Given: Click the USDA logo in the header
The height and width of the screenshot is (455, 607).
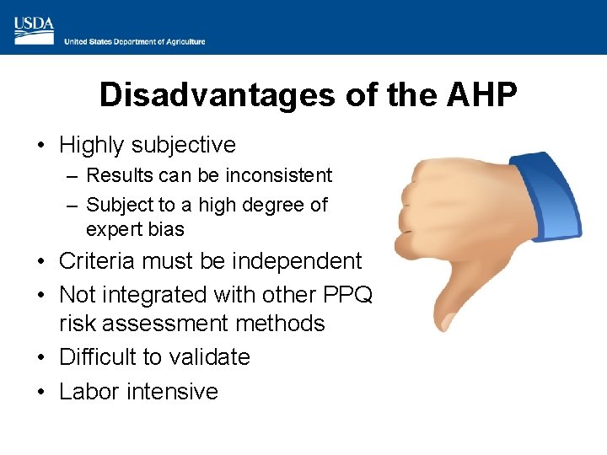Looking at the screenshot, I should [34, 30].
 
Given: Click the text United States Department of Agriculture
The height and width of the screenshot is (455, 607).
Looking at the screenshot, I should [135, 41].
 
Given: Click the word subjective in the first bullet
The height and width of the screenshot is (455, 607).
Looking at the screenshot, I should [185, 145].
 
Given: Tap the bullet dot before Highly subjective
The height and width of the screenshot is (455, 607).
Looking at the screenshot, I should [40, 146].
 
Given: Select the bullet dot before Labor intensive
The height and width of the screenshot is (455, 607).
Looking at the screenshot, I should [40, 393].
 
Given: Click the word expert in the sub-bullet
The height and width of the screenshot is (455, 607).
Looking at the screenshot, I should [113, 229].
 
